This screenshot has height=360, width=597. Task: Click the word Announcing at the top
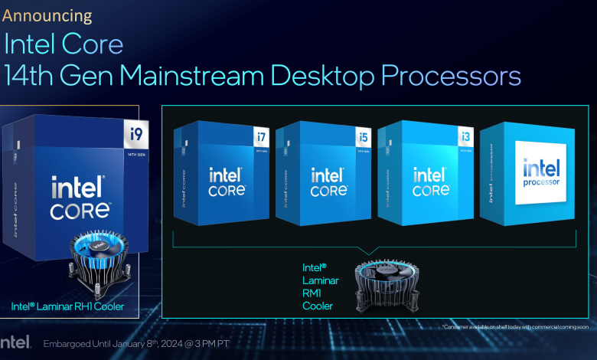point(48,15)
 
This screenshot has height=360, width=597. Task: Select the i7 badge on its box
point(260,139)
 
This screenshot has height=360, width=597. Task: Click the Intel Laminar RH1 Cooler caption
point(67,307)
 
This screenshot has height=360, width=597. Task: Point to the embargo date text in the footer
point(137,342)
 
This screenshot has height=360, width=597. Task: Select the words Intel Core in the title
point(64,44)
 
